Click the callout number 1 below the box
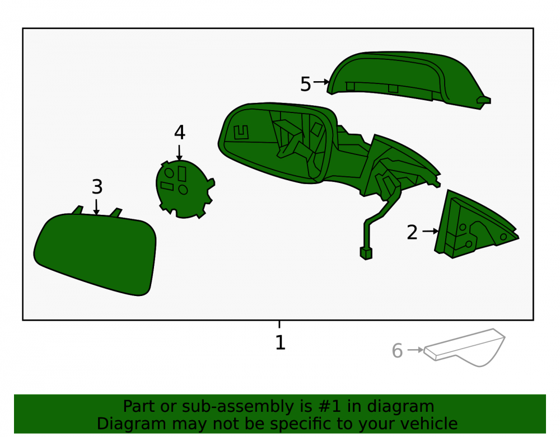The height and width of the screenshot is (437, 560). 281,342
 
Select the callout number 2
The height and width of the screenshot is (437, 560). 412,232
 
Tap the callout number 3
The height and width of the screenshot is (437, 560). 97,186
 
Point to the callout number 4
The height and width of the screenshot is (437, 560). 180,133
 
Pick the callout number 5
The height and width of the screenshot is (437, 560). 306,84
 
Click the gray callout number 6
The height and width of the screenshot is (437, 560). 397,351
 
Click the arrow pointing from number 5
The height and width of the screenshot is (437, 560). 321,82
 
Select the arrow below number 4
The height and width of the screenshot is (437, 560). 179,153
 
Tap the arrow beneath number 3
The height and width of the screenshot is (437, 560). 96,207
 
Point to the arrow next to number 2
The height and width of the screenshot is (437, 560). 430,231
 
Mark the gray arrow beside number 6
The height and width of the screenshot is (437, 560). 416,350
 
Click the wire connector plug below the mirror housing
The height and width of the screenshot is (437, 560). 366,253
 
